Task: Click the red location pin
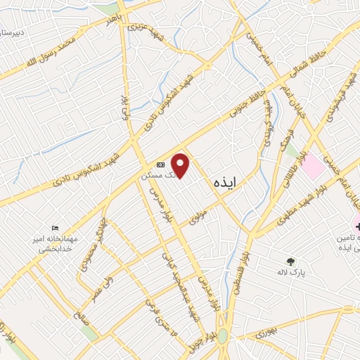(181, 166)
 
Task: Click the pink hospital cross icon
(356, 226)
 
